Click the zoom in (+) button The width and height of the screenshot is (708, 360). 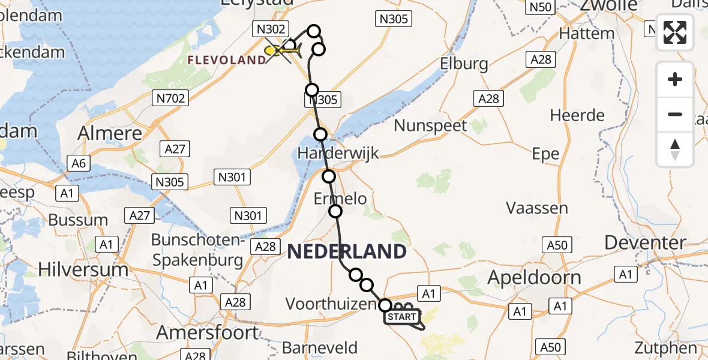675,79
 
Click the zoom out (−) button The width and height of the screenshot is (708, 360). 675,114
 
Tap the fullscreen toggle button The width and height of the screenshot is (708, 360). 675,32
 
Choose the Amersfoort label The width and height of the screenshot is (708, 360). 208,332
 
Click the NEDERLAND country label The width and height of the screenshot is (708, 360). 347,251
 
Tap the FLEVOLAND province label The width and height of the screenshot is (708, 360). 226,60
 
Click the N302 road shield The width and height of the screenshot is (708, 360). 272,29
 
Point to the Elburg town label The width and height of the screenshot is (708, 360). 464,64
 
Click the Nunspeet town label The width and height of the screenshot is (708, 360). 431,126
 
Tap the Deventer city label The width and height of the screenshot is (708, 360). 645,242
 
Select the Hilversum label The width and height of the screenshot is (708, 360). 83,269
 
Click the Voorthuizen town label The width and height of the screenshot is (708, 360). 331,304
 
